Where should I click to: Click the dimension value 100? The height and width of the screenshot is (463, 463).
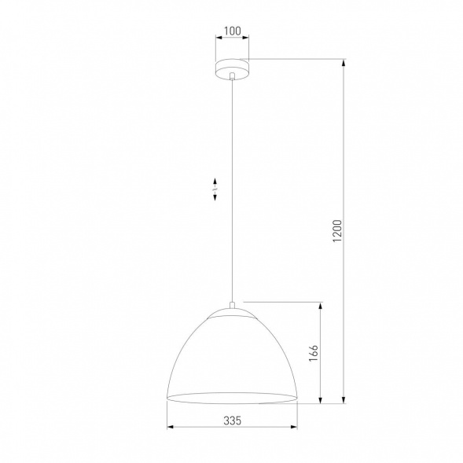tap(232, 32)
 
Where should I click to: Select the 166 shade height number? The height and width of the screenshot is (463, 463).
tap(312, 353)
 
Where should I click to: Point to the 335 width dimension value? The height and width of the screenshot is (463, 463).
tap(231, 421)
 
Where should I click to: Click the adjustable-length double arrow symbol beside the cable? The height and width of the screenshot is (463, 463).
tap(215, 190)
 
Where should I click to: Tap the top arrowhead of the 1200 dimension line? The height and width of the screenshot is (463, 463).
tap(345, 62)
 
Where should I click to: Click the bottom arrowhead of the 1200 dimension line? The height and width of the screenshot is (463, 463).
tap(345, 401)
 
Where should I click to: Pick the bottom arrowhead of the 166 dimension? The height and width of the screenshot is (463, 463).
tap(320, 401)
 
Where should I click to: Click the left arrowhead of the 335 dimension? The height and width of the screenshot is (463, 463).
tap(171, 429)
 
